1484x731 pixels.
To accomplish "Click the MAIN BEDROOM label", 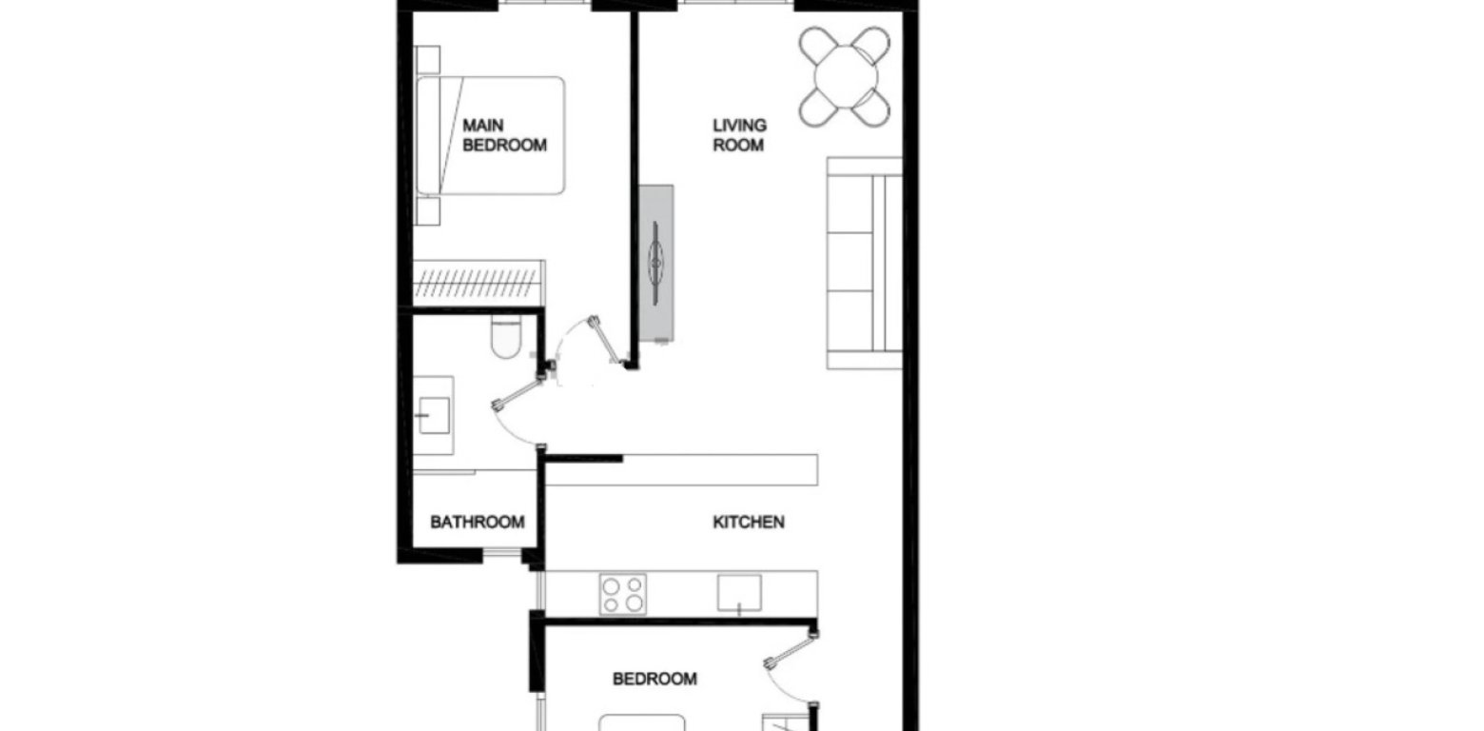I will pyautogui.click(x=504, y=135).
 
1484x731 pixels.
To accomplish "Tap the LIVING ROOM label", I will pyautogui.click(x=739, y=135).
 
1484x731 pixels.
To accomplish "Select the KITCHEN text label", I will pyautogui.click(x=749, y=522).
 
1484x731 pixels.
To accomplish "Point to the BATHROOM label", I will pyautogui.click(x=477, y=522).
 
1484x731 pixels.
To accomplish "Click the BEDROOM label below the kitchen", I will pyautogui.click(x=654, y=679).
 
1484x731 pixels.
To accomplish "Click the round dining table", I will pyautogui.click(x=845, y=75).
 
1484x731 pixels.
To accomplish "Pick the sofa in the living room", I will pyautogui.click(x=864, y=263).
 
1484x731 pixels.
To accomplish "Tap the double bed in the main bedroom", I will pyautogui.click(x=490, y=135).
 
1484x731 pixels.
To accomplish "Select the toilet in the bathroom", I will pyautogui.click(x=505, y=338).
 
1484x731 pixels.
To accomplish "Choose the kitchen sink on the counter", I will pyautogui.click(x=739, y=593).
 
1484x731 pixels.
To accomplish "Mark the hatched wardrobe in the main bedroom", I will pyautogui.click(x=478, y=283).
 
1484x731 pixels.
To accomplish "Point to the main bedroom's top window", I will pyautogui.click(x=545, y=6).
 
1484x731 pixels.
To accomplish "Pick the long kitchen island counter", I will pyautogui.click(x=681, y=470).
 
